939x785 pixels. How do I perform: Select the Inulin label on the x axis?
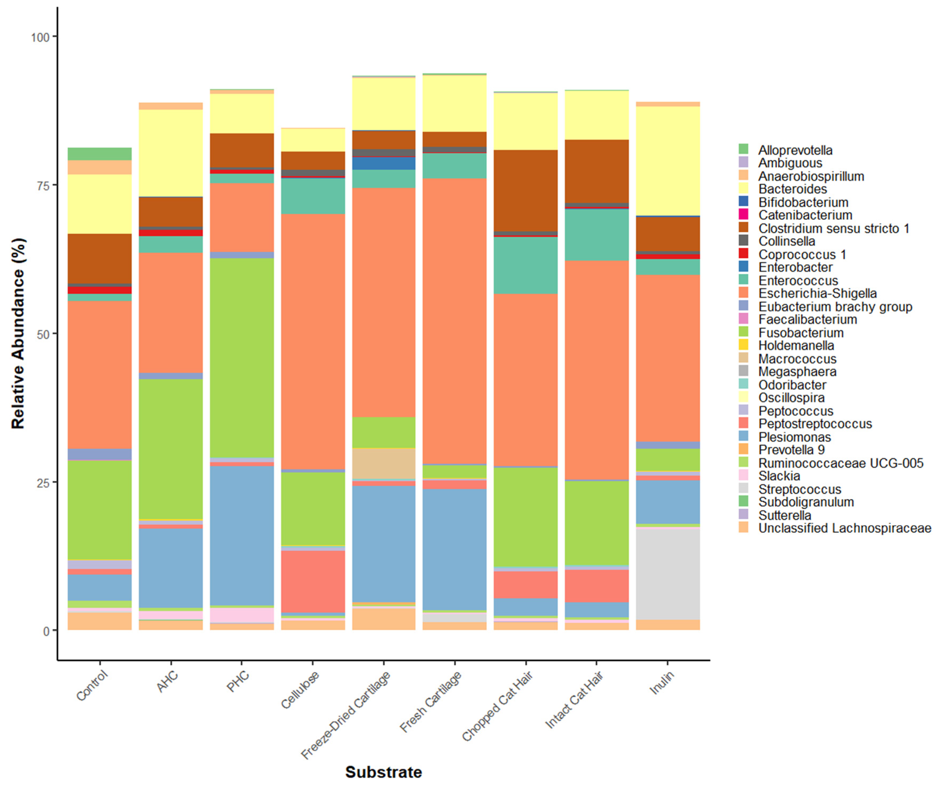coord(661,683)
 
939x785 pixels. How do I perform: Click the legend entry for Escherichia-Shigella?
coord(817,294)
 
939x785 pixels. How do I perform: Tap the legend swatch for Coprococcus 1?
coord(743,254)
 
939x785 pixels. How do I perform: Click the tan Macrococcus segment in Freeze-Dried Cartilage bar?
coord(384,463)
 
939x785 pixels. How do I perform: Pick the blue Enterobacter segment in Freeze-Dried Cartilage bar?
coord(384,163)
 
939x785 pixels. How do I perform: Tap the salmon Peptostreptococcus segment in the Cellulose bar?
coord(313,581)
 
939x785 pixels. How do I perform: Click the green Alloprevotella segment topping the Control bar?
coord(100,153)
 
